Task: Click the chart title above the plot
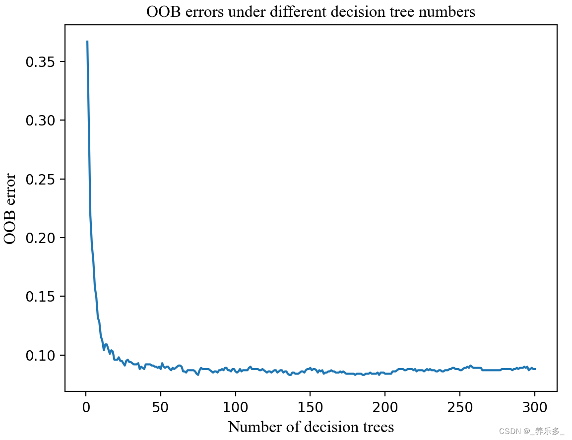pyautogui.click(x=311, y=12)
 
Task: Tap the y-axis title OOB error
pyautogui.click(x=10, y=208)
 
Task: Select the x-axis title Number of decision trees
pyautogui.click(x=311, y=427)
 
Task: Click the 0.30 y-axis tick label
pyautogui.click(x=41, y=121)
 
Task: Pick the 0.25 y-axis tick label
pyautogui.click(x=41, y=179)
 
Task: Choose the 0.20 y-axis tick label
pyautogui.click(x=41, y=238)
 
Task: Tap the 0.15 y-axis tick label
pyautogui.click(x=41, y=297)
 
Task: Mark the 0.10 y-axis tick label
pyautogui.click(x=41, y=356)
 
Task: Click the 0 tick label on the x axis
pyautogui.click(x=86, y=408)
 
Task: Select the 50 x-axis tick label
pyautogui.click(x=161, y=408)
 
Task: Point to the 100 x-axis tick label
pyautogui.click(x=236, y=408)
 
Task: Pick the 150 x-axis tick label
pyautogui.click(x=311, y=408)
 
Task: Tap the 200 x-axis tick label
pyautogui.click(x=385, y=408)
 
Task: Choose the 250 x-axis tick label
pyautogui.click(x=460, y=408)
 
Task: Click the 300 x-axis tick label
pyautogui.click(x=535, y=408)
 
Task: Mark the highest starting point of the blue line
pyautogui.click(x=87, y=42)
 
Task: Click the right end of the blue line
pyautogui.click(x=535, y=369)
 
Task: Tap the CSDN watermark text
pyautogui.click(x=531, y=432)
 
